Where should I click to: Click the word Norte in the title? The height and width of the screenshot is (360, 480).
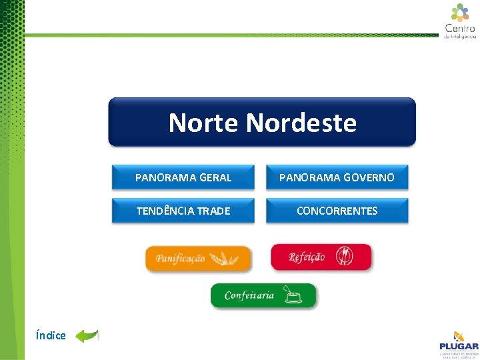(x=204, y=123)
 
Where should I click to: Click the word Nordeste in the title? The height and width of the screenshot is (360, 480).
(x=301, y=123)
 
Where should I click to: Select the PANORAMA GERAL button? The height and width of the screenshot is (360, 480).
(x=183, y=178)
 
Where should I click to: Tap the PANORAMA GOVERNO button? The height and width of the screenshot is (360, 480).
(x=337, y=178)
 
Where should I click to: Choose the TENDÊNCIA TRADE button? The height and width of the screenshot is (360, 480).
(x=183, y=211)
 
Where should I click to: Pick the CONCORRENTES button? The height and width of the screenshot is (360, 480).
(x=337, y=211)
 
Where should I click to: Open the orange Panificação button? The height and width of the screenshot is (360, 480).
(x=199, y=259)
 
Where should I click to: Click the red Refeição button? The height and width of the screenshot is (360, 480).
(x=321, y=257)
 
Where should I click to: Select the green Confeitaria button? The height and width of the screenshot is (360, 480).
(x=263, y=295)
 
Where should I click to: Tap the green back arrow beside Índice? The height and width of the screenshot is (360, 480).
(x=87, y=335)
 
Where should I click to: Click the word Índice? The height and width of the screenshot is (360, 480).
(x=51, y=335)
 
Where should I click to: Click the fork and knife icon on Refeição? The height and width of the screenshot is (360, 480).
(x=344, y=256)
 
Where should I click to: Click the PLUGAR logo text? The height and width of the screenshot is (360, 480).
(x=459, y=346)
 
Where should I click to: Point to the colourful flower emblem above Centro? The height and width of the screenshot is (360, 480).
(x=460, y=12)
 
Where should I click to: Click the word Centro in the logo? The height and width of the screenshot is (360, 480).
(x=460, y=29)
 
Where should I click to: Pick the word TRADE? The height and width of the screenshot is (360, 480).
(x=213, y=211)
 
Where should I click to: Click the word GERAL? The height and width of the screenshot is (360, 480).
(x=215, y=178)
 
